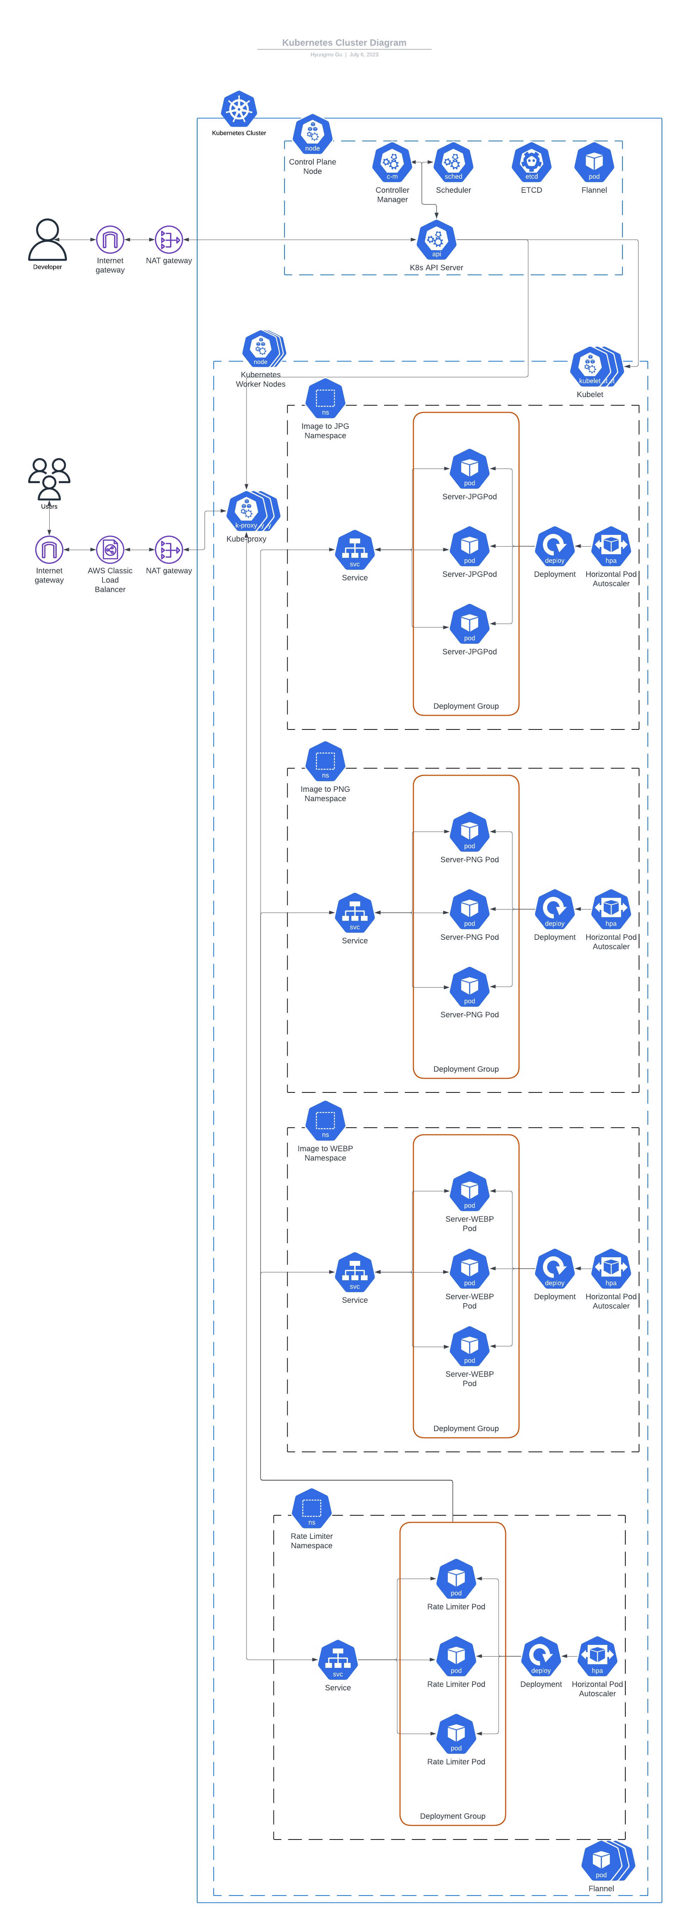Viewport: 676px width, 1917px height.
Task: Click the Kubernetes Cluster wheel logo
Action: tap(239, 109)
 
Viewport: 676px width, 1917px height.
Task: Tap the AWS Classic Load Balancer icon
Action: tap(110, 550)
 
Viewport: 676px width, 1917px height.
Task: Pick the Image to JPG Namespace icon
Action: tap(325, 398)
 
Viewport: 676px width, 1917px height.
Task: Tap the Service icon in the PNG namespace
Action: tap(355, 912)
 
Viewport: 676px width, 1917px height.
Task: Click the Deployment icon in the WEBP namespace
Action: tap(554, 1268)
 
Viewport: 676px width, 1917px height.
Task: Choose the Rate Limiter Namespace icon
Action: tap(312, 1509)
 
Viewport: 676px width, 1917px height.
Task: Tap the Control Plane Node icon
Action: tap(312, 134)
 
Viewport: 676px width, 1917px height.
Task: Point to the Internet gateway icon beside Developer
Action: tap(110, 240)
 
